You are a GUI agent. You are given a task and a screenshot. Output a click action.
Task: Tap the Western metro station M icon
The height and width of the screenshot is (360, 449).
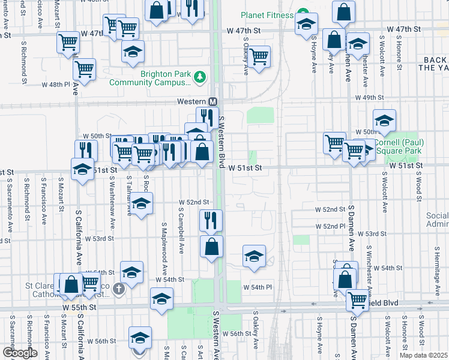click(214, 102)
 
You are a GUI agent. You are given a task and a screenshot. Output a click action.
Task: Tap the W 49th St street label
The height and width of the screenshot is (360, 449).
click(369, 97)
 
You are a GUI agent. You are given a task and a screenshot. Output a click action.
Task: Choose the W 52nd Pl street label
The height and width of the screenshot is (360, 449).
click(331, 226)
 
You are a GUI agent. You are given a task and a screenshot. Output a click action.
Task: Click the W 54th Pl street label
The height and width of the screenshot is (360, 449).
click(258, 287)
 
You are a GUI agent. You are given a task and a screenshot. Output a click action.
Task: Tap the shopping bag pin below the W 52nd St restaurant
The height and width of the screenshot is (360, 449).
click(211, 247)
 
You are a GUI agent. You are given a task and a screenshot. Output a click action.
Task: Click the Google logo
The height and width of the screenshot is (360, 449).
click(20, 353)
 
